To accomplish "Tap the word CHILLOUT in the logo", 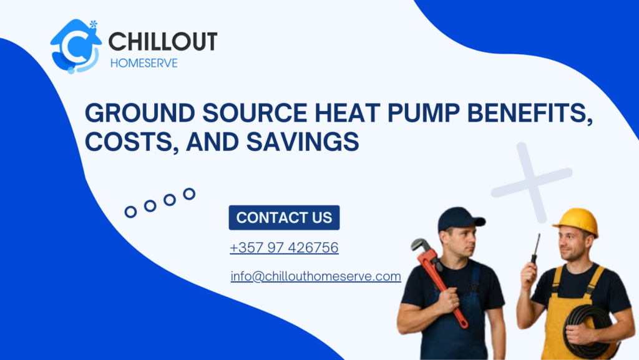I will pos(163,42).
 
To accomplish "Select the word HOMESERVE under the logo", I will pos(143,63).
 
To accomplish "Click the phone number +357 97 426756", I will pos(284,248).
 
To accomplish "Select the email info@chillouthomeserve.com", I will pos(316,276).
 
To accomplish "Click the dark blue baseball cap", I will pos(460,219).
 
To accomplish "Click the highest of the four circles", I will pos(189,194).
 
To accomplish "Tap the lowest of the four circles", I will pos(130,212).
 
